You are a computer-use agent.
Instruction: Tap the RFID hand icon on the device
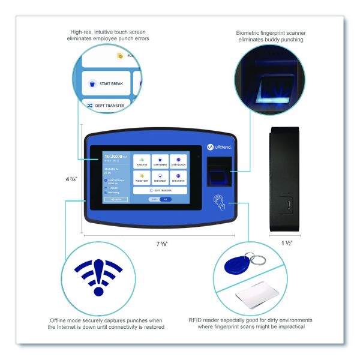220,205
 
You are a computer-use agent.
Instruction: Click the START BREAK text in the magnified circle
111,84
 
